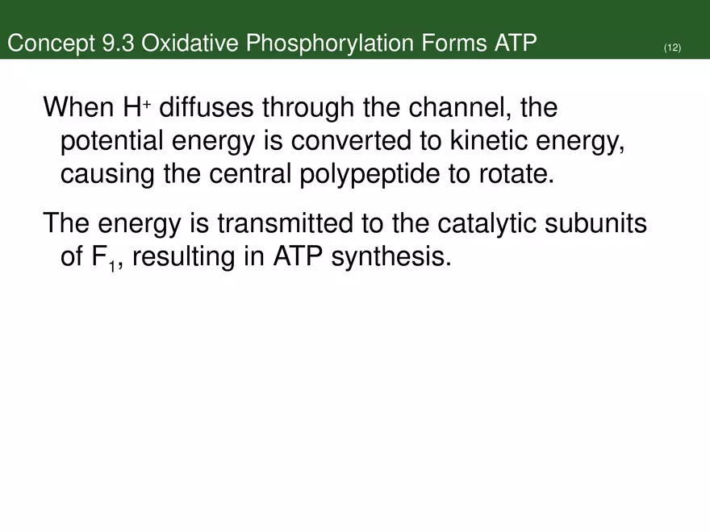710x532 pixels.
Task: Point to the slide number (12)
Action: pos(672,48)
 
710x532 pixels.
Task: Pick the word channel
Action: pos(461,107)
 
